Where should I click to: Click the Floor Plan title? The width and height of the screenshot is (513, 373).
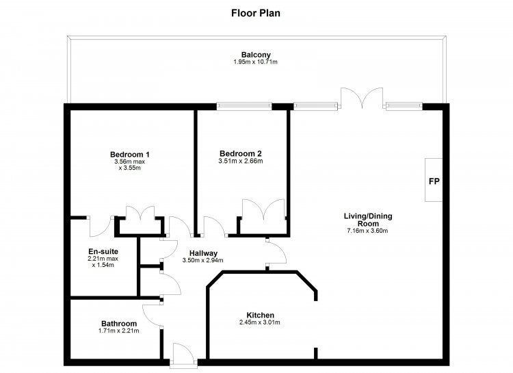click(256, 13)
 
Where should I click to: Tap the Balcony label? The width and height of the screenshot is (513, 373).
click(256, 55)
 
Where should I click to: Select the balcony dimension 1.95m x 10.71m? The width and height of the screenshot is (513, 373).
click(256, 62)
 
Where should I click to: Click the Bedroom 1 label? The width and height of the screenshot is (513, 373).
click(129, 154)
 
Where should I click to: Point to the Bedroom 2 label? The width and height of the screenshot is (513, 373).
click(241, 153)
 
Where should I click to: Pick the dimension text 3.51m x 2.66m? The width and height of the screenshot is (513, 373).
click(241, 161)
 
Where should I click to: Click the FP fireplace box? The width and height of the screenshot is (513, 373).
click(434, 180)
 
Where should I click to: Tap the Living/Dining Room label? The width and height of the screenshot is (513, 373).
click(368, 220)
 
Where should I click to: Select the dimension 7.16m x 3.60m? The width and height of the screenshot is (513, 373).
click(367, 231)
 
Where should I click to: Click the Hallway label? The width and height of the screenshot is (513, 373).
click(203, 253)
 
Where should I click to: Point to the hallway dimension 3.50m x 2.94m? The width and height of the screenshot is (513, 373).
click(203, 260)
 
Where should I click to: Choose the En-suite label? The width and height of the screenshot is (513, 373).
click(103, 251)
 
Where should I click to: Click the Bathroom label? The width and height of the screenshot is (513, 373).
click(119, 324)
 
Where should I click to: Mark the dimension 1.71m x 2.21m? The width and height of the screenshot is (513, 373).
click(118, 331)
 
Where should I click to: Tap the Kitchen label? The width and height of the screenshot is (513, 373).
click(260, 315)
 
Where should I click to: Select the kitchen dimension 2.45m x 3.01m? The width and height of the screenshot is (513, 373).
click(260, 322)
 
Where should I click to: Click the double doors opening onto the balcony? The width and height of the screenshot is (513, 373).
click(362, 99)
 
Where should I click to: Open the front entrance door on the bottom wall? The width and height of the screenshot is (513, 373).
click(183, 355)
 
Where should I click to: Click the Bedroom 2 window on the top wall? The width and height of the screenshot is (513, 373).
click(244, 106)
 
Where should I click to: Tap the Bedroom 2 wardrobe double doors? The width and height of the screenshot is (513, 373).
click(263, 209)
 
